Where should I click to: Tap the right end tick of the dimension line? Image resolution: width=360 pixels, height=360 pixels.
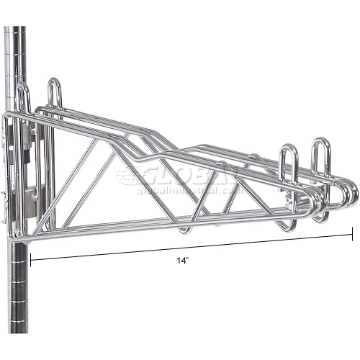353,233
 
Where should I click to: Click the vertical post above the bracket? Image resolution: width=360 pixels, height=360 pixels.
16,58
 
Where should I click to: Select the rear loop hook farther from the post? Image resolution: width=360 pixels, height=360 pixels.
55,92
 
